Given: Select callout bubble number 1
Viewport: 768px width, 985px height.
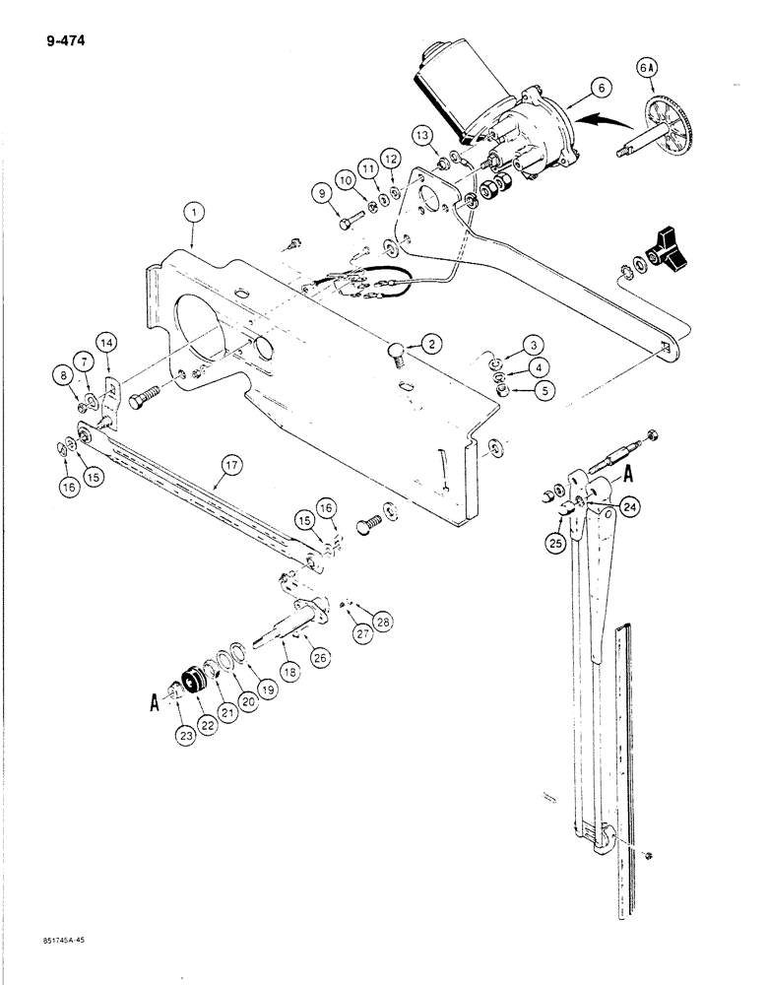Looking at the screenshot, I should tap(195, 211).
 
